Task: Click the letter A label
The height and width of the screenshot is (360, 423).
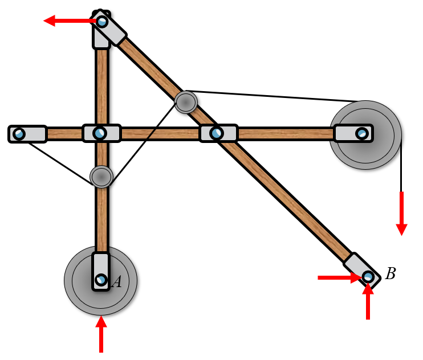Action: (117, 281)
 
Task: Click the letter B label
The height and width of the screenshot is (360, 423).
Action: (391, 274)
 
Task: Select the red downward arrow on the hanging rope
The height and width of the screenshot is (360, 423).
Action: (401, 214)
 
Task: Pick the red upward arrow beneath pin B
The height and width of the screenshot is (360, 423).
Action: (368, 302)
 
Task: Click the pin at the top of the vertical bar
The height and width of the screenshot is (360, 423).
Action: (102, 22)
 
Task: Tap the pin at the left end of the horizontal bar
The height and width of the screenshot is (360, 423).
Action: (19, 134)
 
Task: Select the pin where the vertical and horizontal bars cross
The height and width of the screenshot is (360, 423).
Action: (100, 133)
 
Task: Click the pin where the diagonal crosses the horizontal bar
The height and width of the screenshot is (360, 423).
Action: (216, 133)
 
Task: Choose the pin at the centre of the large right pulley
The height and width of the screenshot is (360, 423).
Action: (361, 134)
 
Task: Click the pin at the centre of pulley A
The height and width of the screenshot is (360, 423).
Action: (101, 280)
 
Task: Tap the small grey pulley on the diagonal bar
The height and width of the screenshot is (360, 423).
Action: (186, 102)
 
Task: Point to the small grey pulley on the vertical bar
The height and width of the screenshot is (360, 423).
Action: (101, 177)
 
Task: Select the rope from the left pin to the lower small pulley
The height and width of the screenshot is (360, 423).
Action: (57, 162)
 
